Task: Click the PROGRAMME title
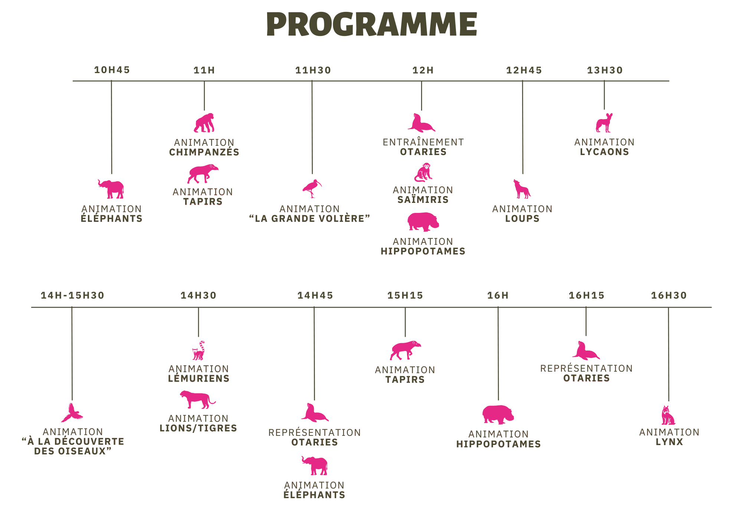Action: point(371,24)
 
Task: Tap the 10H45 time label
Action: point(112,70)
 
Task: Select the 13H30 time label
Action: point(604,70)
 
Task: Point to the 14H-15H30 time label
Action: point(72,295)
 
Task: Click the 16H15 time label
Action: point(587,295)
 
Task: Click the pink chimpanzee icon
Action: point(204,123)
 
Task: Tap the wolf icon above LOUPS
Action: point(521,189)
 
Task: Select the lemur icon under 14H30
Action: point(199,351)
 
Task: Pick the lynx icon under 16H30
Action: point(668,415)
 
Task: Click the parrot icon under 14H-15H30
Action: point(72,413)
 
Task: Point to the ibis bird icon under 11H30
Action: point(312,188)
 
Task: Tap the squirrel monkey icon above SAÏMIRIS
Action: point(423,172)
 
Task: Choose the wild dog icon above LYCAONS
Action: point(604,123)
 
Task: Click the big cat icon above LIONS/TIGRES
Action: point(197,399)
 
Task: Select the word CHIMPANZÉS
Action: point(204,152)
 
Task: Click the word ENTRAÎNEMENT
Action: point(423,142)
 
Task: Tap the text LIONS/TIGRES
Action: point(198,428)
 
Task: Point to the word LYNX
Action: point(669,442)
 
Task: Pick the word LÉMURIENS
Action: point(199,378)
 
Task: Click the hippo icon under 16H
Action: point(498,414)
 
